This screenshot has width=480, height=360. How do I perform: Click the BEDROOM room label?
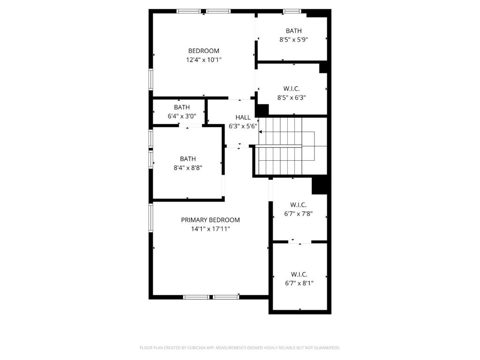(x=203, y=51)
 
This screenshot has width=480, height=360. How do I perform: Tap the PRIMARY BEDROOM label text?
(x=210, y=220)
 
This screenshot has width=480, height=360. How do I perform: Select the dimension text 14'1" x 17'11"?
(x=210, y=229)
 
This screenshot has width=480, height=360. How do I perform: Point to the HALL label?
(x=243, y=117)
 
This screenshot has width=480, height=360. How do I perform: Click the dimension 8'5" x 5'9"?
(x=293, y=39)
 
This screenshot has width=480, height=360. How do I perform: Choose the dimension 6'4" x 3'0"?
(x=182, y=116)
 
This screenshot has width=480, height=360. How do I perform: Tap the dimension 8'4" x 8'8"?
(x=188, y=167)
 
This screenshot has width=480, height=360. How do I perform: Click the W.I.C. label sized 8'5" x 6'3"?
(x=292, y=89)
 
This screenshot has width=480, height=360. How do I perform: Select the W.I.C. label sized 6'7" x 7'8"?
(x=298, y=205)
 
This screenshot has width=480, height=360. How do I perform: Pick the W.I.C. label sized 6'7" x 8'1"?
(x=299, y=274)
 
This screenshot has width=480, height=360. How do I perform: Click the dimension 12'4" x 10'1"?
(x=203, y=60)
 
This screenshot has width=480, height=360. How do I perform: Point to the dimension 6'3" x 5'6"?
(x=243, y=126)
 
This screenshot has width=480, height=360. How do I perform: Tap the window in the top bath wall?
(x=292, y=11)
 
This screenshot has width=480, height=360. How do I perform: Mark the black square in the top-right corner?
(x=319, y=13)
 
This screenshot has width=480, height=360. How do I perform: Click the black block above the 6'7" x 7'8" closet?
(x=320, y=186)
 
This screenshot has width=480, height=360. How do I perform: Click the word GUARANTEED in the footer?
(x=329, y=348)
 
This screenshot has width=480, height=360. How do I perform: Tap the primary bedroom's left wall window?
(x=150, y=217)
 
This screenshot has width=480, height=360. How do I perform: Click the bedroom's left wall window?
(x=150, y=79)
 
